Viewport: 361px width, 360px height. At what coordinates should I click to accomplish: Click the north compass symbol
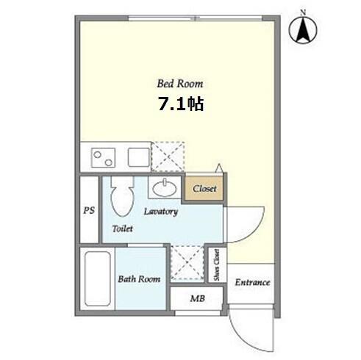pyautogui.click(x=303, y=29)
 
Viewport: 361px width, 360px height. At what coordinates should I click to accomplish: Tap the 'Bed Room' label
pyautogui.click(x=180, y=84)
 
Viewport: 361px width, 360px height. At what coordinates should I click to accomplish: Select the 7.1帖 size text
pyautogui.click(x=181, y=104)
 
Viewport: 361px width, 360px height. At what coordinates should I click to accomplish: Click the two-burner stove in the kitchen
pyautogui.click(x=103, y=158)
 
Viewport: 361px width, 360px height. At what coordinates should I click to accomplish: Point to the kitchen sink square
pyautogui.click(x=139, y=157)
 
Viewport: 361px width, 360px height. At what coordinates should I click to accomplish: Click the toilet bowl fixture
pyautogui.click(x=123, y=197)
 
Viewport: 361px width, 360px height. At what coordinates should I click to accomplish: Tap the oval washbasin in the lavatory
pyautogui.click(x=165, y=189)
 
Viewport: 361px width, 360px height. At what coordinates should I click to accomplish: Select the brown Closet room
pyautogui.click(x=204, y=189)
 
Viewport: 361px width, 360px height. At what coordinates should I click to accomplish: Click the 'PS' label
pyautogui.click(x=89, y=210)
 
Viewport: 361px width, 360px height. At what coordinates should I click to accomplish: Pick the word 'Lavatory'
pyautogui.click(x=161, y=212)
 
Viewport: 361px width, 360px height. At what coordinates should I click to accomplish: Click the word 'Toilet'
pyautogui.click(x=123, y=228)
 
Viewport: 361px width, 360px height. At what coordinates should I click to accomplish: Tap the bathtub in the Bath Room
pyautogui.click(x=97, y=278)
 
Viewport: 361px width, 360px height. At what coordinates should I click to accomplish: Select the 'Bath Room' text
pyautogui.click(x=139, y=279)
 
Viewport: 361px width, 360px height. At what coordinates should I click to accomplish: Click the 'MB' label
pyautogui.click(x=198, y=298)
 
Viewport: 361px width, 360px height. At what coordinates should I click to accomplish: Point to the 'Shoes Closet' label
pyautogui.click(x=216, y=265)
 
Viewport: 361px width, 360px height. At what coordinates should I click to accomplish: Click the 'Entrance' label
pyautogui.click(x=252, y=282)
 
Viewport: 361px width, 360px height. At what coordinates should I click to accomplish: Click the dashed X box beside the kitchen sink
pyautogui.click(x=168, y=156)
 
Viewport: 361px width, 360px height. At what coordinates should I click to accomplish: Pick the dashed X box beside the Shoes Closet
pyautogui.click(x=187, y=262)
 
